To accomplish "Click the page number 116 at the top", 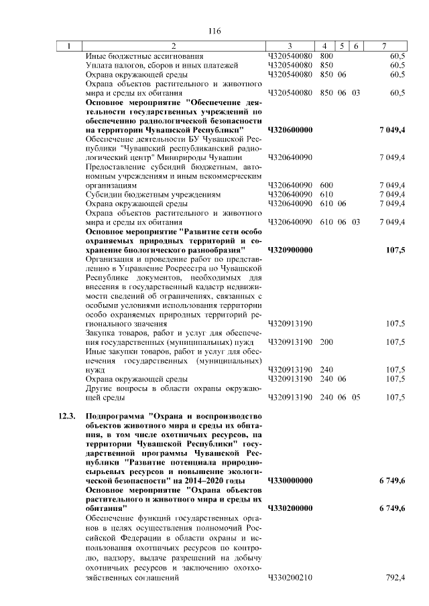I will [214, 30].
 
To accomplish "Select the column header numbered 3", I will [290, 46].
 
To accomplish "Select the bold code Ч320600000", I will [290, 129].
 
